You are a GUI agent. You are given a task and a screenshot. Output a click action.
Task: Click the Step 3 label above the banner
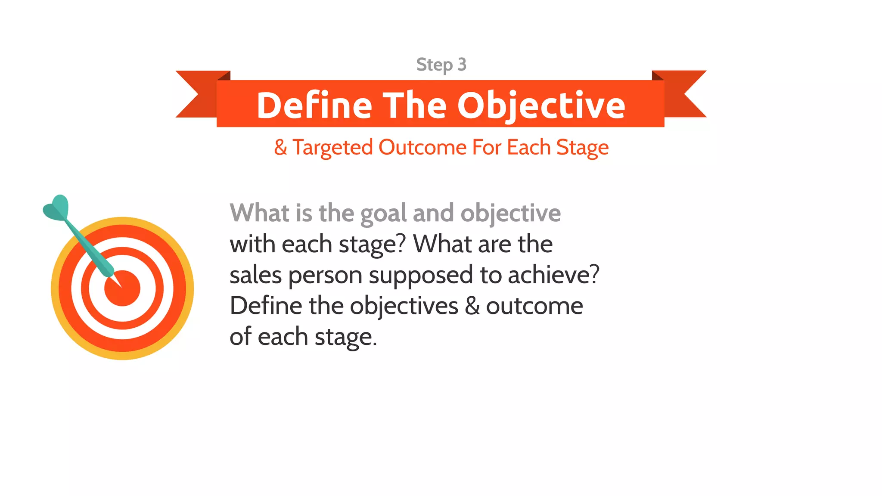tap(441, 65)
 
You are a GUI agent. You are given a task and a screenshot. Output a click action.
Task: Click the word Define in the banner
tap(314, 105)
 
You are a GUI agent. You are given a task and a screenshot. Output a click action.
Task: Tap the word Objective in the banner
tap(541, 105)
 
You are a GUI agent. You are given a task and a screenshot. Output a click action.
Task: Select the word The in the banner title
tap(415, 105)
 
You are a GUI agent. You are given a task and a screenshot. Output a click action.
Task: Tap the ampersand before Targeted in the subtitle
tap(280, 147)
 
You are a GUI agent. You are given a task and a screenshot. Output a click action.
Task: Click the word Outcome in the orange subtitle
tap(422, 147)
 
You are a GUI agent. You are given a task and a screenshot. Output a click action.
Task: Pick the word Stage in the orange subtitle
tap(582, 147)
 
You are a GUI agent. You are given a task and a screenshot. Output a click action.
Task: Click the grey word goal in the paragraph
tap(383, 214)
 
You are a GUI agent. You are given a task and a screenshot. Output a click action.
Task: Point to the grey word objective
tap(510, 214)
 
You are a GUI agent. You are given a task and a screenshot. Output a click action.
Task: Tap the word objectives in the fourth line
tap(404, 306)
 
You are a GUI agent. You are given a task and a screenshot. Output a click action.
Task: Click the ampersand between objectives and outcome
tap(472, 306)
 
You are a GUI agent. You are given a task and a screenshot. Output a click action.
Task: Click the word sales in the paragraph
tap(255, 275)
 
